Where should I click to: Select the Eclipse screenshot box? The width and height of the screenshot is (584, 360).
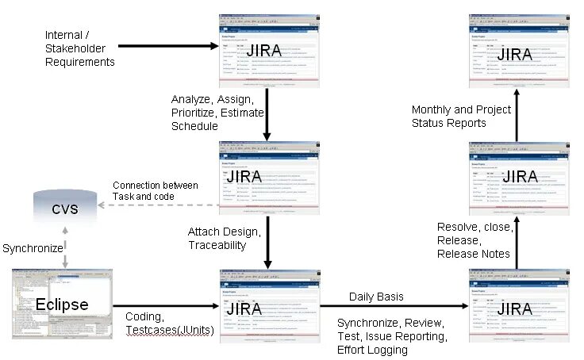(62, 304)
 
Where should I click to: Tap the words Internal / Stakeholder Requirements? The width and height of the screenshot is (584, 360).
(79, 48)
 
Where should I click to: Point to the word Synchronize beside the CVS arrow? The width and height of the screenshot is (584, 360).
(33, 248)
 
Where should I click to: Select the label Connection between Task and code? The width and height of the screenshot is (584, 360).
(155, 190)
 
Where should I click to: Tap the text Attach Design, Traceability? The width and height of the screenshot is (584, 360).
(224, 239)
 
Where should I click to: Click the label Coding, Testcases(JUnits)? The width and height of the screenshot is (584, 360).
(169, 323)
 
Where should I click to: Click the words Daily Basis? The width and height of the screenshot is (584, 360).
(376, 297)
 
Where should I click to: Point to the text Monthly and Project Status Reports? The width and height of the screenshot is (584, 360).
(461, 116)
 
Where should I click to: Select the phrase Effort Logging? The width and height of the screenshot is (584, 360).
(371, 350)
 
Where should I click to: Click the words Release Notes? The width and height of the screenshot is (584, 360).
(474, 254)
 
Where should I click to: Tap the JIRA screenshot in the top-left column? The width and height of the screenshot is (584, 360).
(269, 49)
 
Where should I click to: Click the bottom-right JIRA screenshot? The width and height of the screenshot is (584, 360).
(517, 304)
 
